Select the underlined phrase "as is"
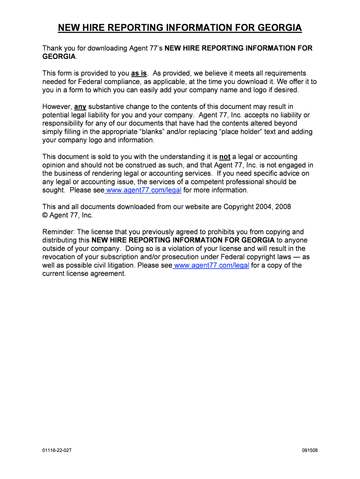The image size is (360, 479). coord(139,73)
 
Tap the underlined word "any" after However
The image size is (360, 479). coord(80,107)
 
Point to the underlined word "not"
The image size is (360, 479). coord(224,157)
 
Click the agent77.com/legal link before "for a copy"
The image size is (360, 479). coord(211,266)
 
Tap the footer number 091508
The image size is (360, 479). coord(310,450)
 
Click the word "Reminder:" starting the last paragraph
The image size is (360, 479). coord(58,232)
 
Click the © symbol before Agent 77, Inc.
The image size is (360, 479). coord(45,215)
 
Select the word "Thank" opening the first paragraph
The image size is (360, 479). coord(52,48)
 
